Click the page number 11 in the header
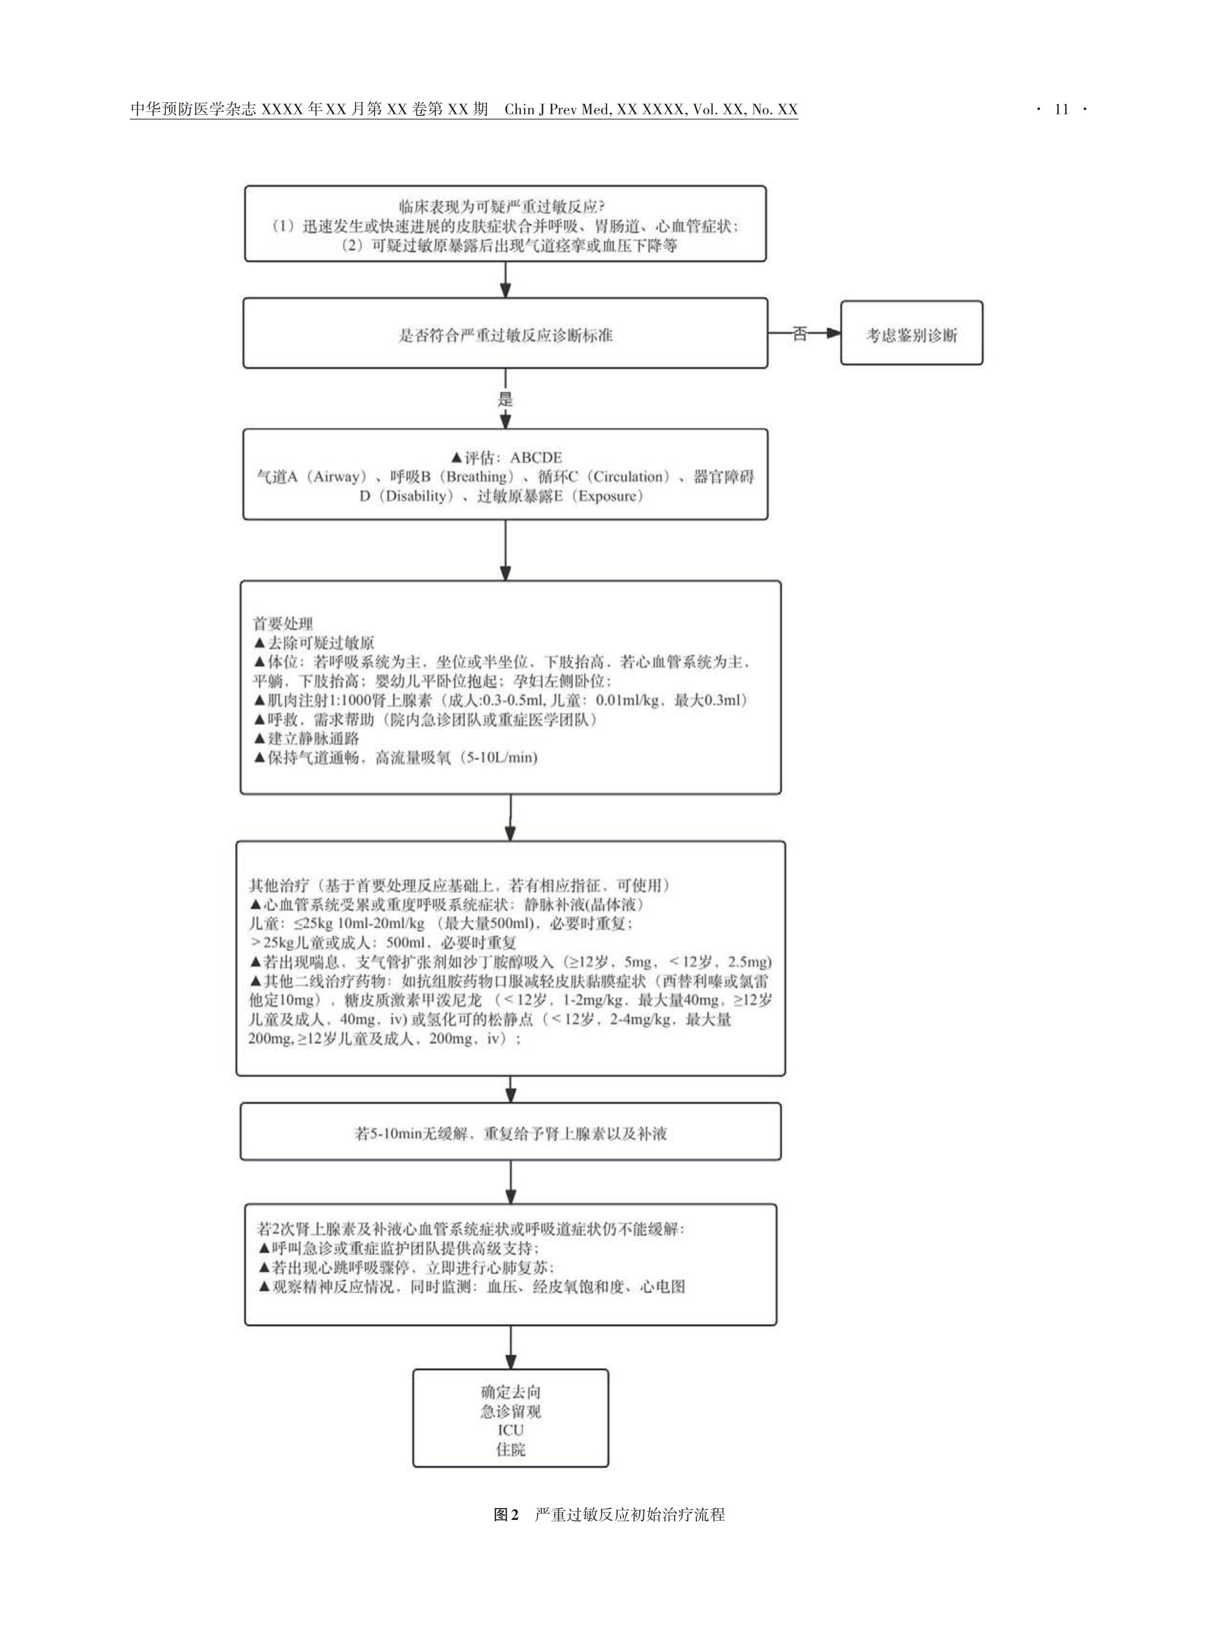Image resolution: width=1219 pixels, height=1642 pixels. click(x=1061, y=109)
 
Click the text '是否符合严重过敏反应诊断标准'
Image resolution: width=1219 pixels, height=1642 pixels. click(x=505, y=335)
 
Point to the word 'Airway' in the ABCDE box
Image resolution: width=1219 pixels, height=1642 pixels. click(x=337, y=477)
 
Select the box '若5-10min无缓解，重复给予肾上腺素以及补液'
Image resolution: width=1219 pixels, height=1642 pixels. click(x=511, y=1133)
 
